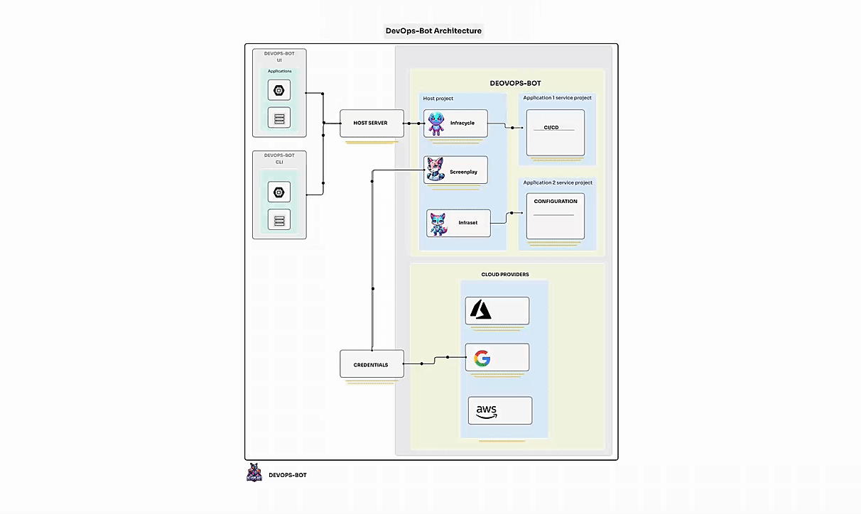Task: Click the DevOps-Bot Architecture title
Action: point(433,31)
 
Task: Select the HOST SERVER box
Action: point(372,124)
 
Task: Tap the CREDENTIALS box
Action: point(372,364)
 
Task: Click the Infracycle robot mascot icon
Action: point(435,124)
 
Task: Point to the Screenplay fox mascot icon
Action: point(435,170)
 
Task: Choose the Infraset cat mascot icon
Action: point(438,223)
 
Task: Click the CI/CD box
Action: point(555,133)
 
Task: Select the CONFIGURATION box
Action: point(555,216)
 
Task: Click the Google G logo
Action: point(482,358)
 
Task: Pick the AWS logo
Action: point(487,411)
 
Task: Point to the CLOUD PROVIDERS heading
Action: point(504,274)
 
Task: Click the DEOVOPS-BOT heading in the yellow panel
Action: point(515,83)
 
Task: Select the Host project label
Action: point(438,99)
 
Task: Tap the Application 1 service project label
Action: point(557,97)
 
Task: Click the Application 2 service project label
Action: point(557,182)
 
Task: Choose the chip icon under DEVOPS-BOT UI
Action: point(279,90)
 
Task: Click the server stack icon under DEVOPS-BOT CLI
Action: point(279,220)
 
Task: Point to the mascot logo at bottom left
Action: point(254,474)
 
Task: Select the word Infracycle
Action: point(462,123)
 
